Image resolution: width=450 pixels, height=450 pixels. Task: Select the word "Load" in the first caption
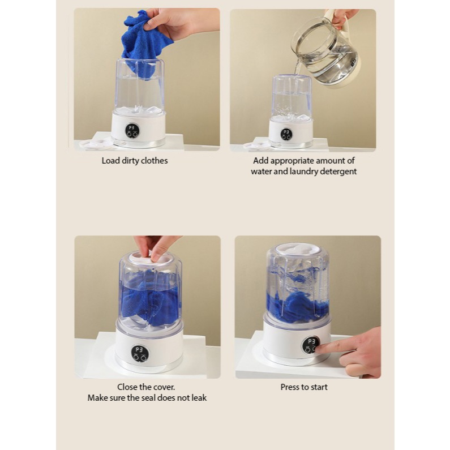(x=110, y=161)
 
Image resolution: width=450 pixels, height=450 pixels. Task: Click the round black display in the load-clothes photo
(x=132, y=131)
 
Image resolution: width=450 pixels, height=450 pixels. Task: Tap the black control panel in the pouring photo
(x=286, y=134)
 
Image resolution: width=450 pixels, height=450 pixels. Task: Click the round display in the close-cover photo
(x=140, y=353)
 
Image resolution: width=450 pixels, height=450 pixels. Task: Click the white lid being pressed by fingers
(x=149, y=258)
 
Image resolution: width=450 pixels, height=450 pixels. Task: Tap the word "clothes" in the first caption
(x=155, y=161)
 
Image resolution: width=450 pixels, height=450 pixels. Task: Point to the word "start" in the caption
(x=319, y=387)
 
